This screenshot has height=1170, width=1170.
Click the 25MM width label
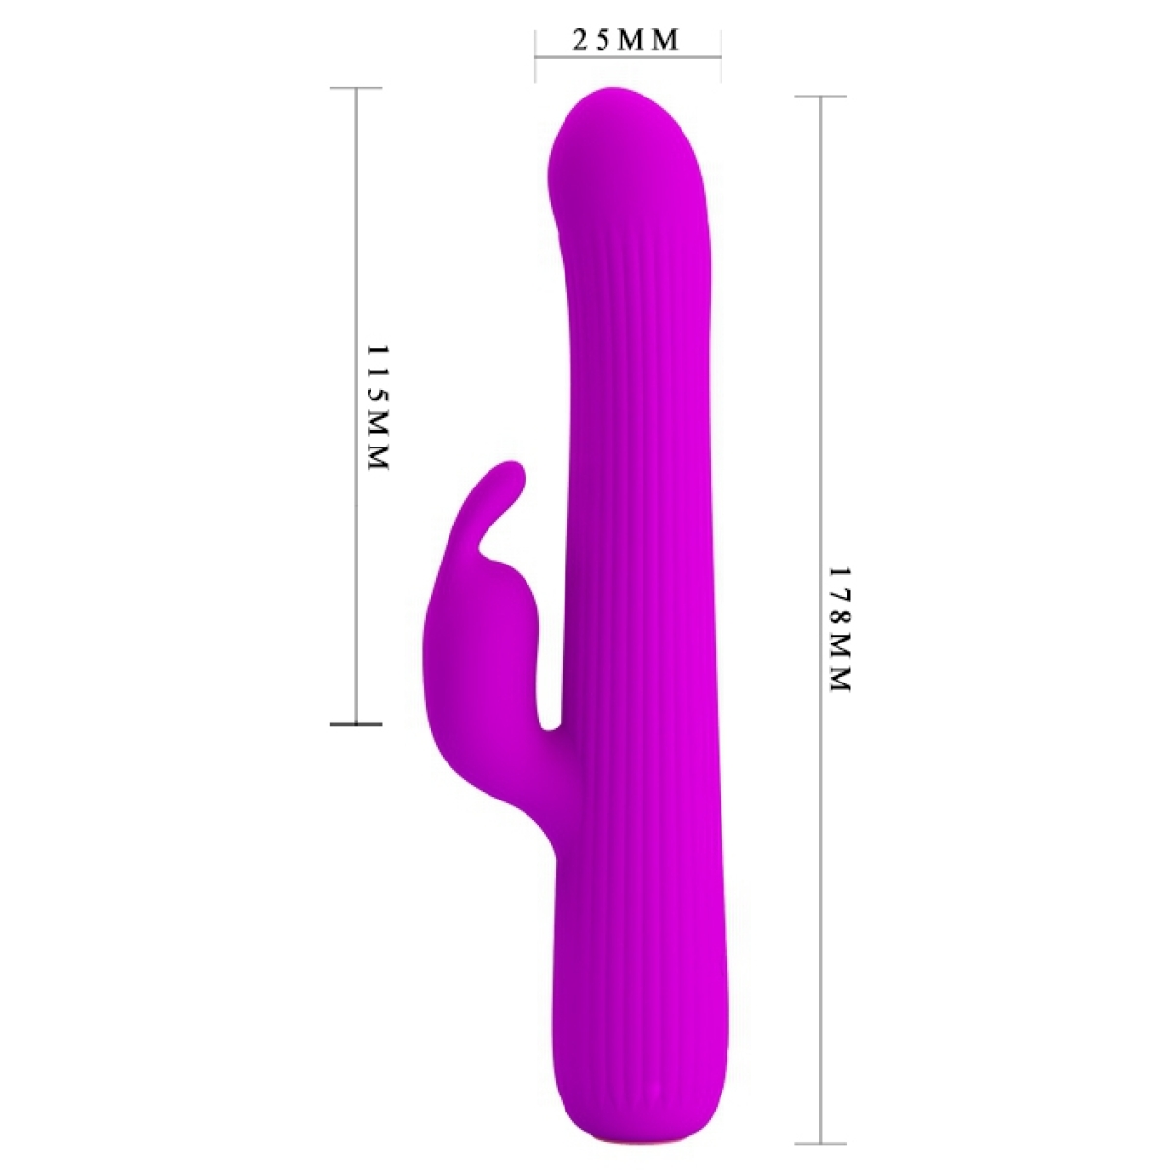click(x=625, y=40)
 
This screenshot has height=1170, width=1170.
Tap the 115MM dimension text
click(x=377, y=408)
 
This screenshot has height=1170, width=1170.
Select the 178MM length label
click(x=840, y=630)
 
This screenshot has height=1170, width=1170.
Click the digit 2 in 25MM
click(x=580, y=40)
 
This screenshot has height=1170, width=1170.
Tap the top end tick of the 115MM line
click(x=356, y=88)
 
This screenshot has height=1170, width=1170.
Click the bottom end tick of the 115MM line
click(x=356, y=723)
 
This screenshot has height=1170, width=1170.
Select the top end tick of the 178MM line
click(x=821, y=97)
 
